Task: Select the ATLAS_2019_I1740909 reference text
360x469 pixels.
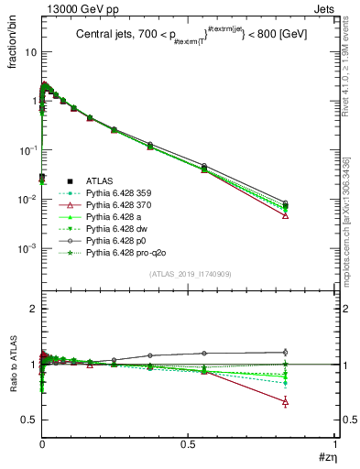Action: coord(189,274)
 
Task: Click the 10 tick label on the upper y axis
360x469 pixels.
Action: coord(30,52)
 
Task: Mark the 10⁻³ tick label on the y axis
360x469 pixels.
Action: coord(27,249)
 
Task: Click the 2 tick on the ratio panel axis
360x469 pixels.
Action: coord(33,310)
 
